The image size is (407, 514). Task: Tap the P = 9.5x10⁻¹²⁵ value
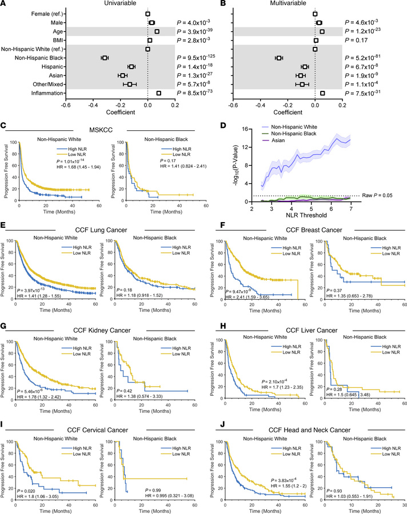point(201,57)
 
